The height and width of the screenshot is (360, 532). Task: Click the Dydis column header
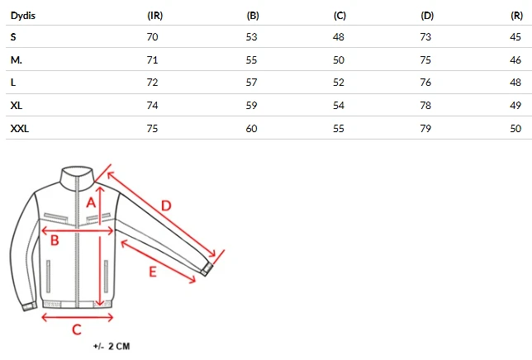23,16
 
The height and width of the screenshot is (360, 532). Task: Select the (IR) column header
155,16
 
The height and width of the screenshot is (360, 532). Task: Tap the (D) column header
427,16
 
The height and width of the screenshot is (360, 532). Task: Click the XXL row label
20,129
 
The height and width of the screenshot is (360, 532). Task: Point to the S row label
13,36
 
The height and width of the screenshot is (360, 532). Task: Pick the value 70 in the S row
152,36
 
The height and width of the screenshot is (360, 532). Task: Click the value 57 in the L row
251,83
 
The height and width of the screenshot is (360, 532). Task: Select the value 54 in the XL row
339,106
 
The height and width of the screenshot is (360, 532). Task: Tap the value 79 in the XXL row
425,129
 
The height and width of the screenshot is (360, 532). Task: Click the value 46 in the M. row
515,60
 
